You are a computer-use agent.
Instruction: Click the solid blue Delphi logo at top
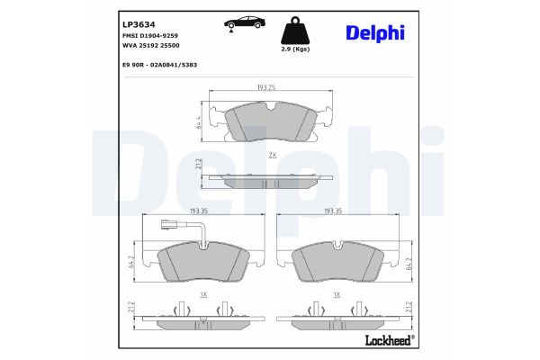[374, 32]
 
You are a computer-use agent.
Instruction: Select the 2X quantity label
[272, 156]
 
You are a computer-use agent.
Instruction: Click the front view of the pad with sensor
[204, 264]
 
